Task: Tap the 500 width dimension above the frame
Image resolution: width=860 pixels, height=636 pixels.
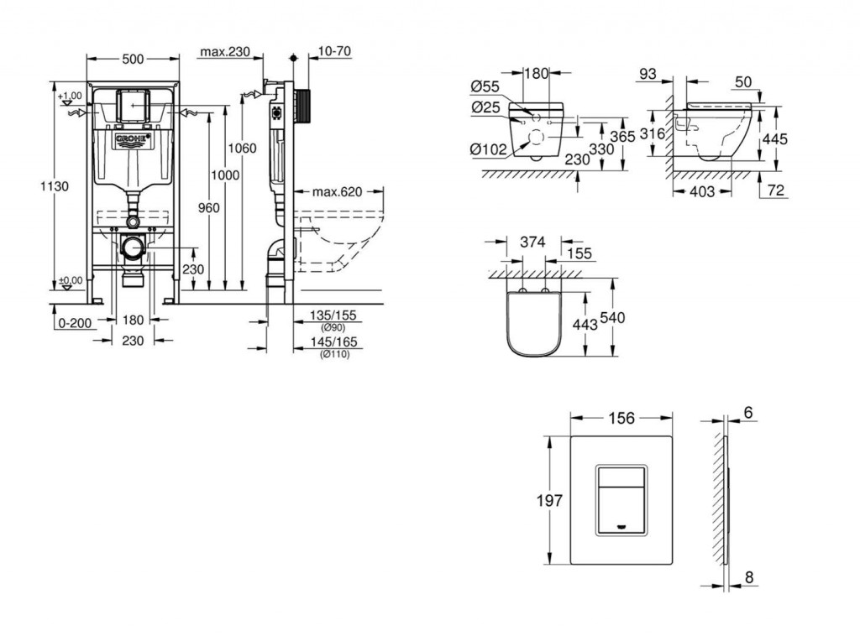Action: tap(133, 59)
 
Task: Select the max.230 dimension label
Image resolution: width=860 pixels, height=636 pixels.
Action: tap(226, 52)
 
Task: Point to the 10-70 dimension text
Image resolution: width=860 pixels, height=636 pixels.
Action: tap(334, 52)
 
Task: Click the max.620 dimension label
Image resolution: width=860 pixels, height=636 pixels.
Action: tap(336, 191)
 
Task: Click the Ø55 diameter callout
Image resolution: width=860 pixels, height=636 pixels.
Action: tap(485, 86)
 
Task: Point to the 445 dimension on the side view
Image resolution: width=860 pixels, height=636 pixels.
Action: tap(776, 138)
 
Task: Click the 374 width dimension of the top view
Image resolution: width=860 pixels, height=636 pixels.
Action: tap(533, 242)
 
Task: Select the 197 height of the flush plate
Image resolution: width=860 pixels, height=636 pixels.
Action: tap(549, 501)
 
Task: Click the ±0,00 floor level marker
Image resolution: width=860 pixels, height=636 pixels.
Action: tap(71, 280)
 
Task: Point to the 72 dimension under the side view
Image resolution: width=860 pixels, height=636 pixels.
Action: tap(776, 192)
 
